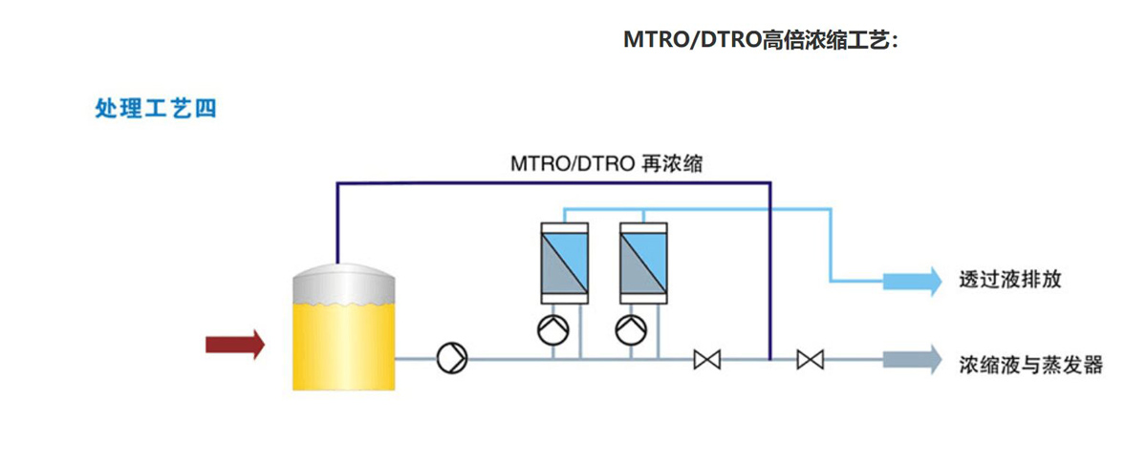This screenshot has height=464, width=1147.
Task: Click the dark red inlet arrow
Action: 234,344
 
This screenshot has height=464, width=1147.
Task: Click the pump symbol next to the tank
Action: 451,359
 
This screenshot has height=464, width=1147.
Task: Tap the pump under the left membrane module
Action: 553,330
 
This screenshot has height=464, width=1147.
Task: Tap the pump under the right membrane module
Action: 632,330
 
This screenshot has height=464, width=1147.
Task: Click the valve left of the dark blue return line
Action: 707,360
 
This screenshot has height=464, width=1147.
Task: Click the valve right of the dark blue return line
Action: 811,360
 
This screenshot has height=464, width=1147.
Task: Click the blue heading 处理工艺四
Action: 156,109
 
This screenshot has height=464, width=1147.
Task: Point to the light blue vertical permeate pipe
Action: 829,243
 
